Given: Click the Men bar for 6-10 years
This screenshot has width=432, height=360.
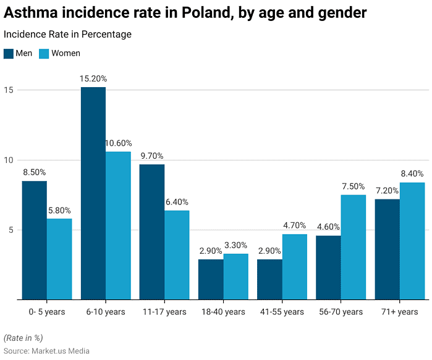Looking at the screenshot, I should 93,193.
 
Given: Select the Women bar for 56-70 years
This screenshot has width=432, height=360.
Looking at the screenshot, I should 353,247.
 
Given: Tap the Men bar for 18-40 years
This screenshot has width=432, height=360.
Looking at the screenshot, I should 211,280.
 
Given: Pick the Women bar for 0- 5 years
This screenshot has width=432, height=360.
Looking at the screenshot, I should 59,259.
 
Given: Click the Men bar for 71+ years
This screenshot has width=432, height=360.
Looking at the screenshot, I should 387,249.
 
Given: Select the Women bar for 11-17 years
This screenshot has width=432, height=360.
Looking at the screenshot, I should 177,255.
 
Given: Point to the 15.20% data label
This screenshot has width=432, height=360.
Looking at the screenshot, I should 93,79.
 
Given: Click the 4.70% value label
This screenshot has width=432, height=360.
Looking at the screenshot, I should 295,226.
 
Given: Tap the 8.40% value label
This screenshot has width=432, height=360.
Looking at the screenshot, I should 412,174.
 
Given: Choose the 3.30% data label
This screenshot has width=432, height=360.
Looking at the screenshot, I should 235,246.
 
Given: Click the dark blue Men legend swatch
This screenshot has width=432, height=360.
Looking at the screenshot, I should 8,53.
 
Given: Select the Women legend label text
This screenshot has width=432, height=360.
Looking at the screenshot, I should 66,53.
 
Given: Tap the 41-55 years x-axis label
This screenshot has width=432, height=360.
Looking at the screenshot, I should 282,312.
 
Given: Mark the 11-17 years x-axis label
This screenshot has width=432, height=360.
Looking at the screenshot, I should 164,312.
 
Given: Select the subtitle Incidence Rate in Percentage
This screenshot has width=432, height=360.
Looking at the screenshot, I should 67,35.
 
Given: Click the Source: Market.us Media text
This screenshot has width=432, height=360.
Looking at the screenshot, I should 46,351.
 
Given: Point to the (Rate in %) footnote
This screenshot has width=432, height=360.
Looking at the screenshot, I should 23,337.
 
